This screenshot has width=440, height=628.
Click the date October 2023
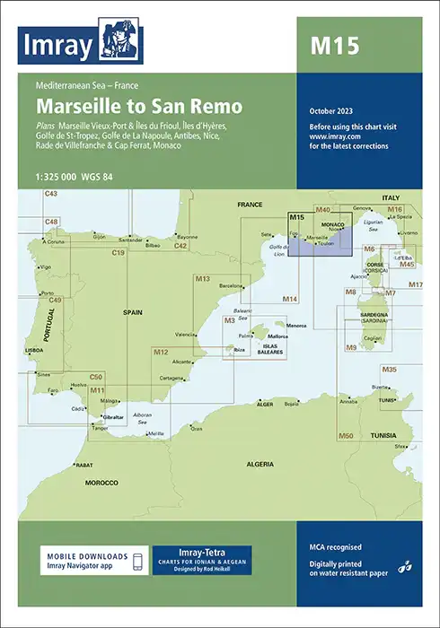pyautogui.click(x=333, y=111)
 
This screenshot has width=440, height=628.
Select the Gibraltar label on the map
pyautogui.click(x=114, y=418)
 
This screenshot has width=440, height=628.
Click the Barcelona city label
pyautogui.click(x=231, y=285)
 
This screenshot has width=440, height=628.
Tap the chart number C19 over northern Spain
pyautogui.click(x=118, y=254)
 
